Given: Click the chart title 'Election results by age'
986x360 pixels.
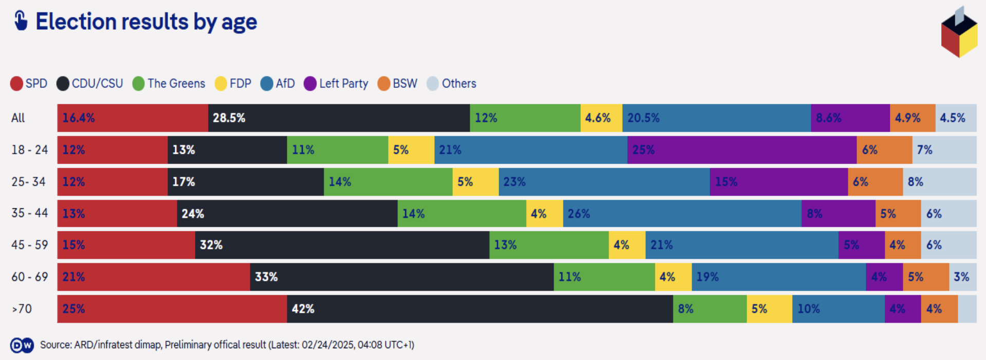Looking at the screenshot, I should pyautogui.click(x=146, y=22).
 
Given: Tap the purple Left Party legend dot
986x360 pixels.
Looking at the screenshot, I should pyautogui.click(x=310, y=84).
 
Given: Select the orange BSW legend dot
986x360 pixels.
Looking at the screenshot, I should pyautogui.click(x=384, y=84).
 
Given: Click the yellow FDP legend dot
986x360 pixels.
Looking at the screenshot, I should pyautogui.click(x=221, y=84).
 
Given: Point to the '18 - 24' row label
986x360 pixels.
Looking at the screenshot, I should pyautogui.click(x=29, y=150).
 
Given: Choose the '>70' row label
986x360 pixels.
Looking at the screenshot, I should pyautogui.click(x=22, y=309).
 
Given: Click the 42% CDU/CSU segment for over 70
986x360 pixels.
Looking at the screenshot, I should pyautogui.click(x=480, y=309).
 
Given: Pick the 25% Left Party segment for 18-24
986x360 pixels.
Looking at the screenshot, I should pyautogui.click(x=741, y=150).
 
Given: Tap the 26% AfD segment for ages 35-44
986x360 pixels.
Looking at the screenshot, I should pyautogui.click(x=682, y=213).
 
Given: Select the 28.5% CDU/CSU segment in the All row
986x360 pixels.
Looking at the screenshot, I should pyautogui.click(x=339, y=118).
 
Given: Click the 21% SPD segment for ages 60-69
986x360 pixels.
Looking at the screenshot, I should pyautogui.click(x=154, y=277).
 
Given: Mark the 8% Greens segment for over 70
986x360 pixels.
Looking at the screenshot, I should pyautogui.click(x=709, y=309).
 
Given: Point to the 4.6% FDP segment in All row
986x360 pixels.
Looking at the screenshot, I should pyautogui.click(x=601, y=118).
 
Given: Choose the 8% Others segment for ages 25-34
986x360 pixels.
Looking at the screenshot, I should pyautogui.click(x=939, y=182).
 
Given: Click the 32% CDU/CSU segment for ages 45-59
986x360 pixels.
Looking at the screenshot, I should pyautogui.click(x=342, y=245).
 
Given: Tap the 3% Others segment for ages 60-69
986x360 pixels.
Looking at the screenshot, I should pyautogui.click(x=962, y=277).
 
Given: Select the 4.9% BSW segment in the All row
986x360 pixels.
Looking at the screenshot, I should pyautogui.click(x=912, y=118).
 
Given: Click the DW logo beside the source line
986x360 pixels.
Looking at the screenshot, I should pyautogui.click(x=22, y=345).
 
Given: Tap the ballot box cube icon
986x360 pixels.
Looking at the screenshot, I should pyautogui.click(x=959, y=33).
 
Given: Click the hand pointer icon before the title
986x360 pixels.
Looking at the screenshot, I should pyautogui.click(x=21, y=21).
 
